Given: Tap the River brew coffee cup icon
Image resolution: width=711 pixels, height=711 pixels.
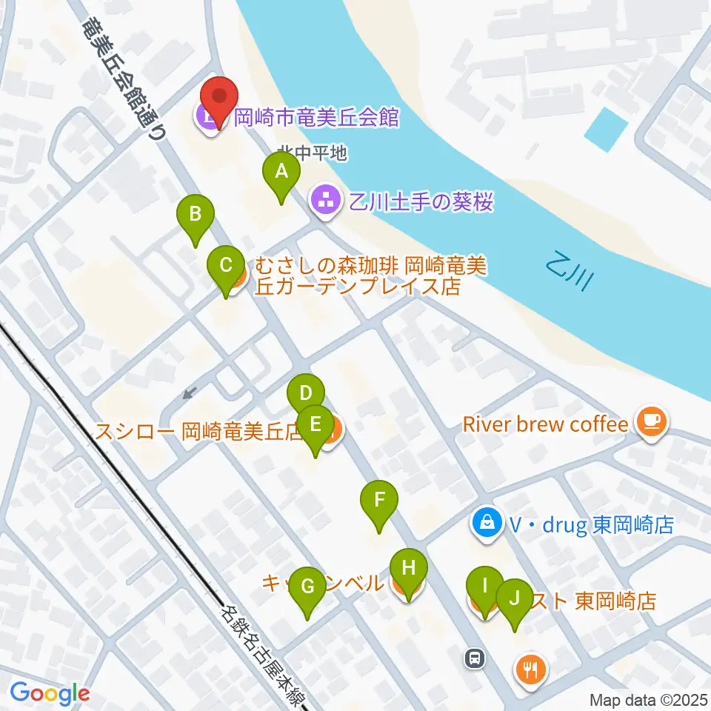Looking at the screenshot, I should pyautogui.click(x=652, y=423).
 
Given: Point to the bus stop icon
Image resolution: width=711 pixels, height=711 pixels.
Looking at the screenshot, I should pyautogui.click(x=475, y=656).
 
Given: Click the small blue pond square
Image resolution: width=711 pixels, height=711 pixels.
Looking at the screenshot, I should pyautogui.click(x=606, y=130).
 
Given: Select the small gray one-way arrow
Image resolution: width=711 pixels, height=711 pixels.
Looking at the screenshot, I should pyautogui.click(x=190, y=392).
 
